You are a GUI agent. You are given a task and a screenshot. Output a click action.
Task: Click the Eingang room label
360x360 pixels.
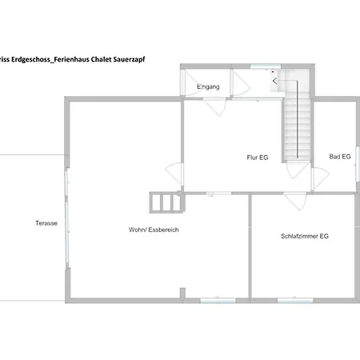(x=208, y=86)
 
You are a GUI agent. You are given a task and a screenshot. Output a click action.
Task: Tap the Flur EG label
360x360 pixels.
(x=258, y=158)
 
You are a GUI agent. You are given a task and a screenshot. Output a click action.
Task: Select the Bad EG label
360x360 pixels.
(x=340, y=157)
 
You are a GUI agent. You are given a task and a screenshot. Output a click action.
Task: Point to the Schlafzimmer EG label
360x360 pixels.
(x=305, y=236)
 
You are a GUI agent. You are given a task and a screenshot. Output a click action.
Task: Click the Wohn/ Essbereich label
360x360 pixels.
(x=154, y=230)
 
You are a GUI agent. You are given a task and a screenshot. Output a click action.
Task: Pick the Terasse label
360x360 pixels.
(x=46, y=223)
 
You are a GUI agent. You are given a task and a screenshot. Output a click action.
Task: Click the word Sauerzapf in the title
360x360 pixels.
(x=129, y=59)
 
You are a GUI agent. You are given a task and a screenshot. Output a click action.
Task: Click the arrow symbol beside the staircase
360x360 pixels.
(x=275, y=81)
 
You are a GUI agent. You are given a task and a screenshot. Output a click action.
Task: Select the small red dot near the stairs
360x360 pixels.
(x=273, y=72)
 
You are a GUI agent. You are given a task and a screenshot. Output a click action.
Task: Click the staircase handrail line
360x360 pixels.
(x=297, y=119)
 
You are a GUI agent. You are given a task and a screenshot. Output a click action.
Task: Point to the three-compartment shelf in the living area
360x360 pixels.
(x=166, y=202)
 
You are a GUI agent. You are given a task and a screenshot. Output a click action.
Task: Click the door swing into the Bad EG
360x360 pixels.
(x=320, y=178)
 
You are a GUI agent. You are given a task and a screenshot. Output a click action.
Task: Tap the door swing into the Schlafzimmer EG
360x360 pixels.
(x=295, y=202)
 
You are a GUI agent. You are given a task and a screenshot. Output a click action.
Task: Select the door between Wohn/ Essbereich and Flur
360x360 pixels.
(x=174, y=174)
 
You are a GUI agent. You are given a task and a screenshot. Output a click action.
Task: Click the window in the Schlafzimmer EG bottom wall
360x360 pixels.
(x=295, y=301)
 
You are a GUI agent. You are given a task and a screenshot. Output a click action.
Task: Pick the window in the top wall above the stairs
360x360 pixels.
(x=266, y=66)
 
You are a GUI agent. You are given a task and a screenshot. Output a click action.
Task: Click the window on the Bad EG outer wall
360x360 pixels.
(x=358, y=164)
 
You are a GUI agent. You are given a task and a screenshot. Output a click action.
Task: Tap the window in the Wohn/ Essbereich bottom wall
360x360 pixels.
(x=218, y=301)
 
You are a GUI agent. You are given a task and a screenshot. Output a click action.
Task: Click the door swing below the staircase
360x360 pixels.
(x=297, y=170)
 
